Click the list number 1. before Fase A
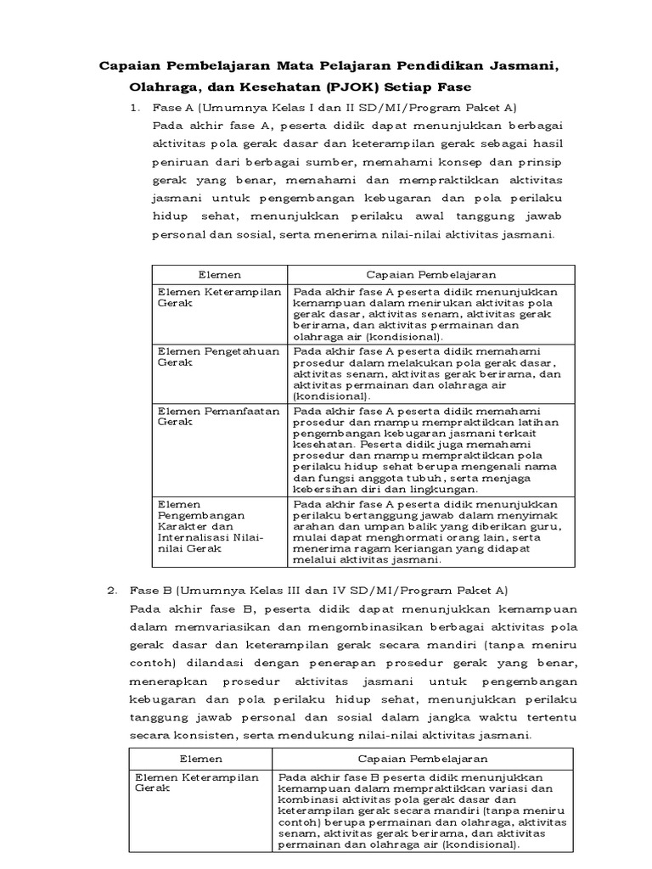coord(133,108)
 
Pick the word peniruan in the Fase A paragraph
coord(180,161)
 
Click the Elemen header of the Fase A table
coord(219,275)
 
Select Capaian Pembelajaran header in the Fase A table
coord(430,275)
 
